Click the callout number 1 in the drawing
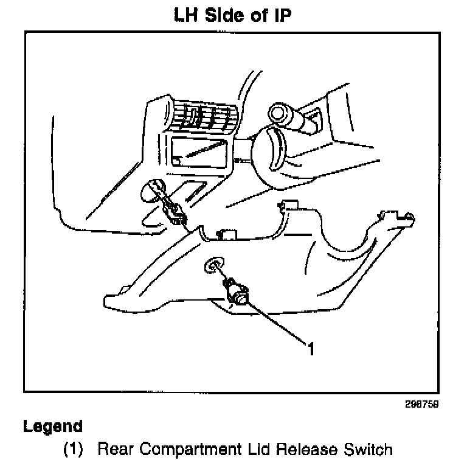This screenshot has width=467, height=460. [311, 349]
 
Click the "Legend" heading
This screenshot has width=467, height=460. [52, 427]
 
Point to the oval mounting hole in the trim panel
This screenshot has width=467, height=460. [212, 265]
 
